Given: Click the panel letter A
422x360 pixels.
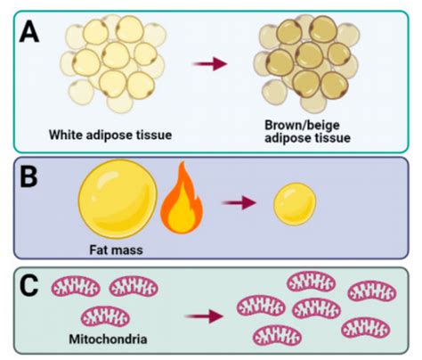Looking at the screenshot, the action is tap(29, 33).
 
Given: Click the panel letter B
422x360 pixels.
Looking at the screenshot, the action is tap(28, 177).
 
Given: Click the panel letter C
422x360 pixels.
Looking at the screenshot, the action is tap(28, 286).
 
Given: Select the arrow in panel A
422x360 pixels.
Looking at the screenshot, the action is tap(210, 63).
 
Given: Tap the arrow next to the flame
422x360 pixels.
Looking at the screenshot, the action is tap(239, 203).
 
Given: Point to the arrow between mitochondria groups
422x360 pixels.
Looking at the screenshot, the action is tap(204, 316).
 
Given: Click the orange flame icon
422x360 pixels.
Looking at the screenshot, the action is tap(182, 199).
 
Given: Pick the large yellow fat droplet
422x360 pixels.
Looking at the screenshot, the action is tap(118, 199).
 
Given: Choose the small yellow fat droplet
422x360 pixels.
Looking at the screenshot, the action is tap(295, 204).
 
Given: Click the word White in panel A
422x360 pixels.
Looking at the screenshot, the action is tap(66, 135).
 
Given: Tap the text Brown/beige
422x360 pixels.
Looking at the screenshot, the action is tap(302, 125).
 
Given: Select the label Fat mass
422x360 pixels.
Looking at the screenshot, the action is tap(116, 250).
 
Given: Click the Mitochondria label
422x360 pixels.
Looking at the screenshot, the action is tap(108, 339).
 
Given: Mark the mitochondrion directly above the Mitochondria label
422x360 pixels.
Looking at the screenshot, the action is tap(105, 316).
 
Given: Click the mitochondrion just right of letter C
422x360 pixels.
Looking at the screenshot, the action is tap(76, 287).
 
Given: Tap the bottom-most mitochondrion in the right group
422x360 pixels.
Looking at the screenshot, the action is tap(278, 336).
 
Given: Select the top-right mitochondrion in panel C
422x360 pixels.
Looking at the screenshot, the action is tap(372, 291).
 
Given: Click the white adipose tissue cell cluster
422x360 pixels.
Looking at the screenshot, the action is tap(113, 64).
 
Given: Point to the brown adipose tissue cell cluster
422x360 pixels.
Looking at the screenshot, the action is tap(307, 64).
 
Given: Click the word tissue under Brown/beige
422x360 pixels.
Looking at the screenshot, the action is tap(332, 138).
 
